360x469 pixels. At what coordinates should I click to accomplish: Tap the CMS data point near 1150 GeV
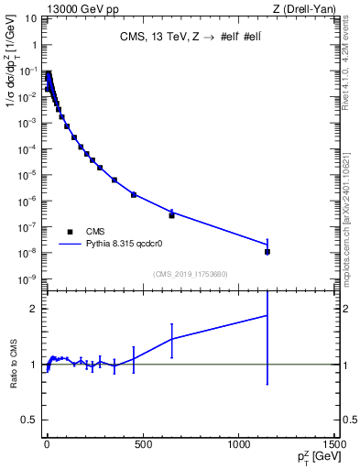[267, 251]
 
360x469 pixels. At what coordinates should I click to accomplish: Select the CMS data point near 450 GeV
[134, 194]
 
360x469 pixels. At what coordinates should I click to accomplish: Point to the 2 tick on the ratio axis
[34, 309]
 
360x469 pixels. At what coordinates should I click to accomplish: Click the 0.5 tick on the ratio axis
[30, 420]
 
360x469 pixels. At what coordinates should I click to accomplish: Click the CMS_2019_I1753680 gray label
[190, 273]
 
